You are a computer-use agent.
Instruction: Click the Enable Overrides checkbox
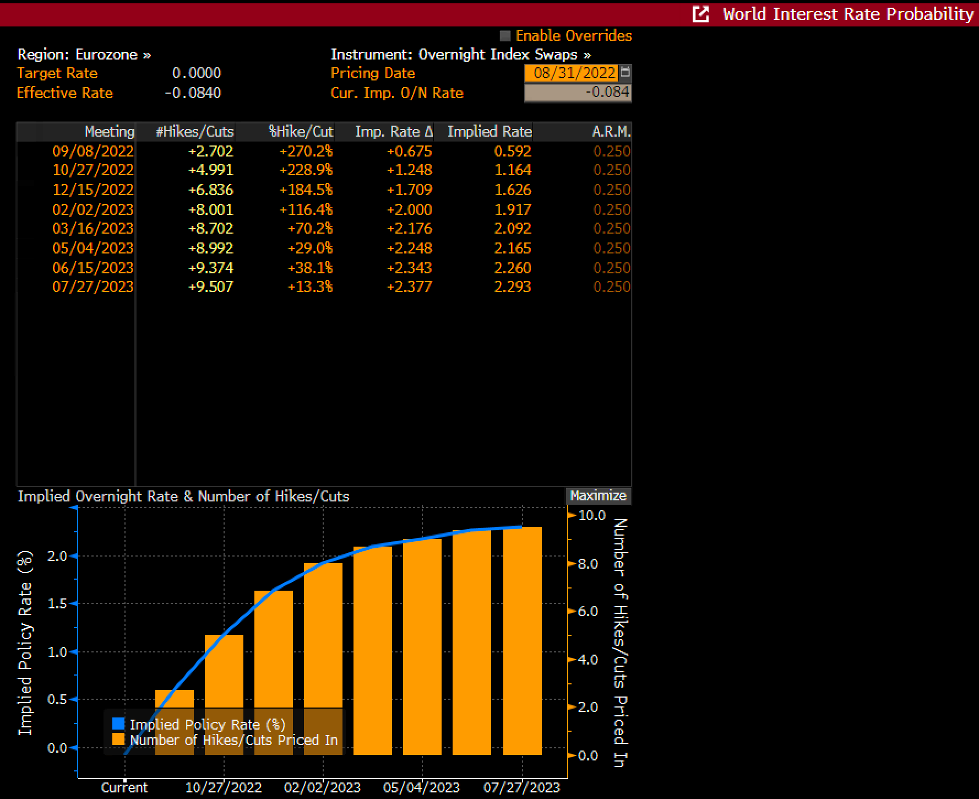click(x=505, y=36)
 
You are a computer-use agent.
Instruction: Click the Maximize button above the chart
click(x=598, y=496)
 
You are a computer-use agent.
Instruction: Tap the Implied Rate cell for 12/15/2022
click(x=512, y=190)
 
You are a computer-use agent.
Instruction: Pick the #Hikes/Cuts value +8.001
click(x=211, y=210)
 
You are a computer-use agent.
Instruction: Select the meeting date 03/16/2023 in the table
click(x=93, y=229)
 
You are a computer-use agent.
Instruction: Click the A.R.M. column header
click(x=611, y=132)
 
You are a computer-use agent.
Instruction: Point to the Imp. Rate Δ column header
click(x=394, y=132)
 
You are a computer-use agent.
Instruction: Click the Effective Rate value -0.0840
click(x=193, y=93)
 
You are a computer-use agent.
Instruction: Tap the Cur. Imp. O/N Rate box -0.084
click(x=578, y=93)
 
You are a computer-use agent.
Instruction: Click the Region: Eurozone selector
click(x=84, y=55)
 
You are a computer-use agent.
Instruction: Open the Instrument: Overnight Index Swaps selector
click(x=460, y=55)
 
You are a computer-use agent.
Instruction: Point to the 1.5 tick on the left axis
click(x=57, y=604)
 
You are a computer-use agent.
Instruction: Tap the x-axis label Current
click(x=124, y=787)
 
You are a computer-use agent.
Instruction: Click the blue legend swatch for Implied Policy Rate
click(x=118, y=724)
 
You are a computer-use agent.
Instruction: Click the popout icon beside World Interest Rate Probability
click(x=700, y=14)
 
